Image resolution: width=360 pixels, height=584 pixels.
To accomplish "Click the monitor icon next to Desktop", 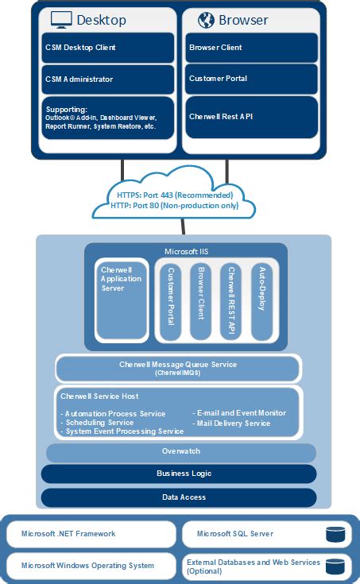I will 61,19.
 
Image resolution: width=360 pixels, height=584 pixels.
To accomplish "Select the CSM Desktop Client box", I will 107,48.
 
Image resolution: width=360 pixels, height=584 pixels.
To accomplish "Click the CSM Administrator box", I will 107,79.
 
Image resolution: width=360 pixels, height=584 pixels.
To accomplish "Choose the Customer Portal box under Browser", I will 251,79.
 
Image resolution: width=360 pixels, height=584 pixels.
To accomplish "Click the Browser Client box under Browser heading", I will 251,48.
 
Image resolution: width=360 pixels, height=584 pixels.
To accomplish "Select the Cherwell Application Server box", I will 121,300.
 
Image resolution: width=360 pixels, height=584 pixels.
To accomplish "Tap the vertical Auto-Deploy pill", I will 263,299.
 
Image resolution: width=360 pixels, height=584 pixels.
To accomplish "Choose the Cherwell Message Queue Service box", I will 178,368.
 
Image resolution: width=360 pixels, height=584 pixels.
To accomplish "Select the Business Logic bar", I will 180,474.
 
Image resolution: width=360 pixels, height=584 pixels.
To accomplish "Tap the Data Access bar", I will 180,497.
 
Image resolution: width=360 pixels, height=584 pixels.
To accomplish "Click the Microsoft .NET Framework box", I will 91,534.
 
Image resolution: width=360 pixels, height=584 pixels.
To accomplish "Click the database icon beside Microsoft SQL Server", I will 335,534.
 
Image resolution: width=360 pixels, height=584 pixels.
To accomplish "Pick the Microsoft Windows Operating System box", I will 91,566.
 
